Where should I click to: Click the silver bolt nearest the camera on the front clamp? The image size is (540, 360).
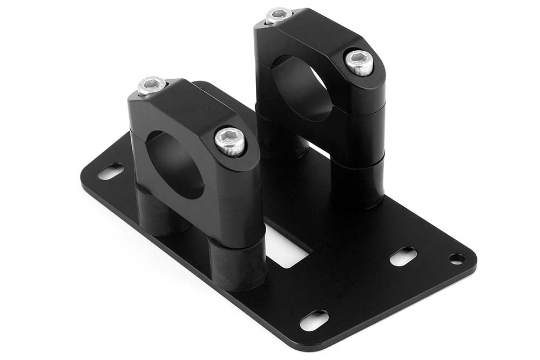point(230,141)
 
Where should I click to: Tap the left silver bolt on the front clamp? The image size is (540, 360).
point(151,86)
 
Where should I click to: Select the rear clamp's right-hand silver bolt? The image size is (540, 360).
point(359,63)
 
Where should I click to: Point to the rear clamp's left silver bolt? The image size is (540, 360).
point(279,16)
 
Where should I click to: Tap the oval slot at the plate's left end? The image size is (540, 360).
point(110,172)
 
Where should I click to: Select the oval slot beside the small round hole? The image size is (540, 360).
point(403,256)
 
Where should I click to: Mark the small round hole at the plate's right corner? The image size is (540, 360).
point(457,259)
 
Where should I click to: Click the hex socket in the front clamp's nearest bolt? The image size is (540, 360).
point(230,139)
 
